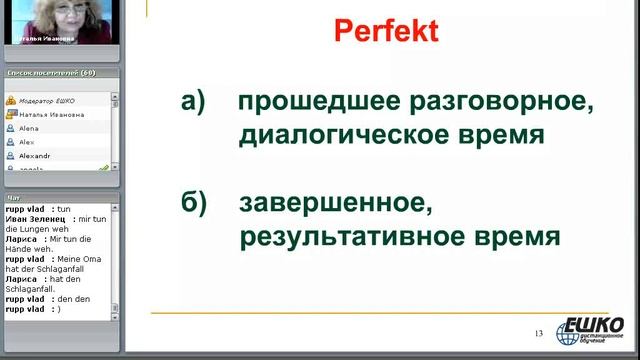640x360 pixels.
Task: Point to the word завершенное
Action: [x=336, y=204]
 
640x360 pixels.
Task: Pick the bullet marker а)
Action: [x=193, y=102]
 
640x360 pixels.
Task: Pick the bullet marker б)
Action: [x=193, y=204]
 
